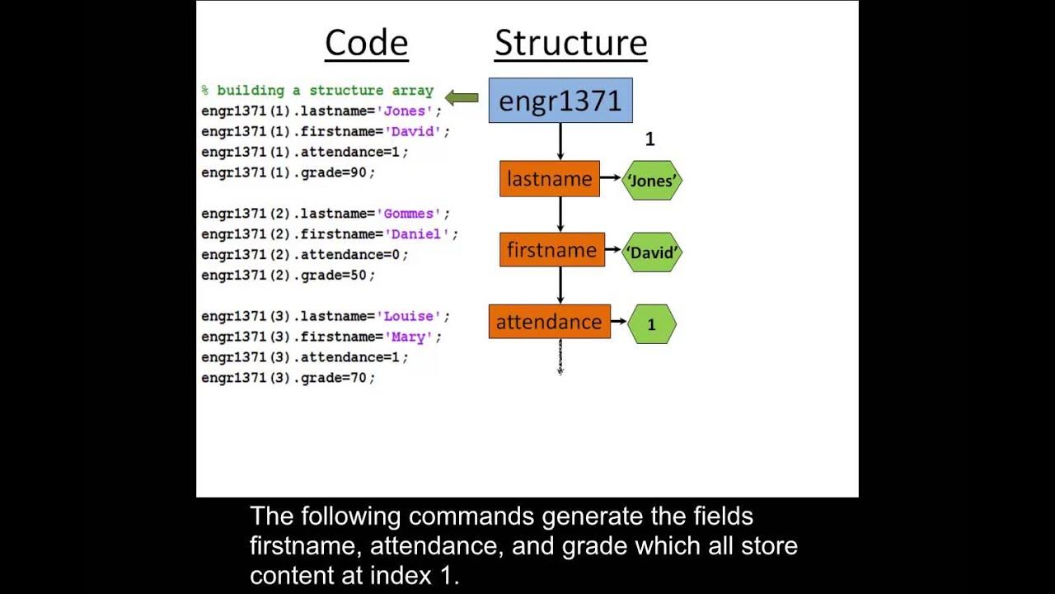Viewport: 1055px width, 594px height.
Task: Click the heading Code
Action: coord(367,44)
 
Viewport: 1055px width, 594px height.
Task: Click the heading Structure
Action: coord(571,44)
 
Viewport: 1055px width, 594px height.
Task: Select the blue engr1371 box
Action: coord(560,101)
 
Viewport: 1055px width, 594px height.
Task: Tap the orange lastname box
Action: coord(550,179)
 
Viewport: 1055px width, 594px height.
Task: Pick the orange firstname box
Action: coord(552,250)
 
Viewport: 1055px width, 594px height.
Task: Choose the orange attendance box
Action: coord(550,322)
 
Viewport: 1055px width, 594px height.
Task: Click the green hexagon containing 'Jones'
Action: coord(652,181)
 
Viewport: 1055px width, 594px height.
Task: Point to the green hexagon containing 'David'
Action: coord(652,252)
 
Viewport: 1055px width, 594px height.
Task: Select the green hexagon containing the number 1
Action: coord(652,324)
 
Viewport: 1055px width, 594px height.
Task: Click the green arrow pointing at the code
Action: coord(462,97)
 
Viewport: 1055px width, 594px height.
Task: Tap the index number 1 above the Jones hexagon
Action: coord(650,139)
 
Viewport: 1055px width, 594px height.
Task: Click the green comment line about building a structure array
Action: coord(317,90)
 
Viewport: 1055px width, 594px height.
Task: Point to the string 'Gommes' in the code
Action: coord(409,214)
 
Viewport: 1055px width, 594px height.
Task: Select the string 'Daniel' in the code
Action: coord(417,234)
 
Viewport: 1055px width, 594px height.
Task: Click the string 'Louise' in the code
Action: coord(409,316)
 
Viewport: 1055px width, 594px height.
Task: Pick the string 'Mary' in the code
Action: coord(409,337)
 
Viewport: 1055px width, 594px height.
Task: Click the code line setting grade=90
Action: coord(288,172)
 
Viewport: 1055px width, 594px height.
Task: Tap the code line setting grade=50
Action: coord(288,275)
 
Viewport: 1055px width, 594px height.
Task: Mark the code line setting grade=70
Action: coord(288,378)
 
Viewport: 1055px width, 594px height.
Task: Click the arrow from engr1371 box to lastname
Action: coord(560,141)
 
